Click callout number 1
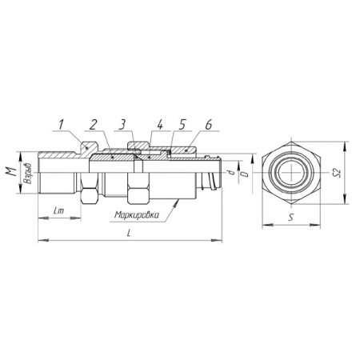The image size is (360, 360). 62,125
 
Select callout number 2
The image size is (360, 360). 93,125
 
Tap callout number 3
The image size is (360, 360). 122,125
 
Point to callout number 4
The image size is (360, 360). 159,125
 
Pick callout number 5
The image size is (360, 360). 182,125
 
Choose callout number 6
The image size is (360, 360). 209,125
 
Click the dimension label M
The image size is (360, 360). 10,173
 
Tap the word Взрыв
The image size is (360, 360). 28,174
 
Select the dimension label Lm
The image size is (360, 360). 58,211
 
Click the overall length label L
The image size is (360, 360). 129,234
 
